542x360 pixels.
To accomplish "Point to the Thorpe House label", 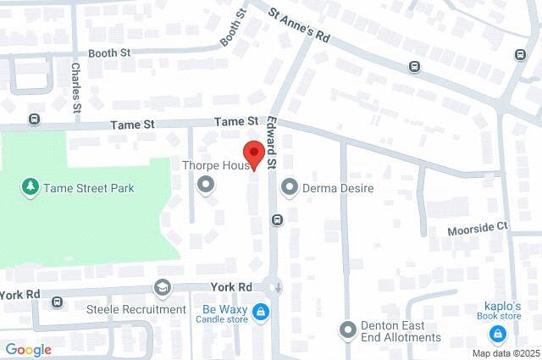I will tap(213, 166).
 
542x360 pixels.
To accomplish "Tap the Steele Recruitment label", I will tap(136, 309).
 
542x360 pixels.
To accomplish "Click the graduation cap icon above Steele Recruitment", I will tap(161, 288).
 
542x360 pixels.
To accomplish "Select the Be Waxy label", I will tap(224, 308).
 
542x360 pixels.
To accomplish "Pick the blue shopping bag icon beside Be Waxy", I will tap(262, 313).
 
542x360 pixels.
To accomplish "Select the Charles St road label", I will tap(76, 87).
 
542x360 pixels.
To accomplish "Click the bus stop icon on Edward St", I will tap(277, 220).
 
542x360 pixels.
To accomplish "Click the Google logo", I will tap(28, 349).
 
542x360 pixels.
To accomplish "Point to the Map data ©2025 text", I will tap(506, 353).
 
